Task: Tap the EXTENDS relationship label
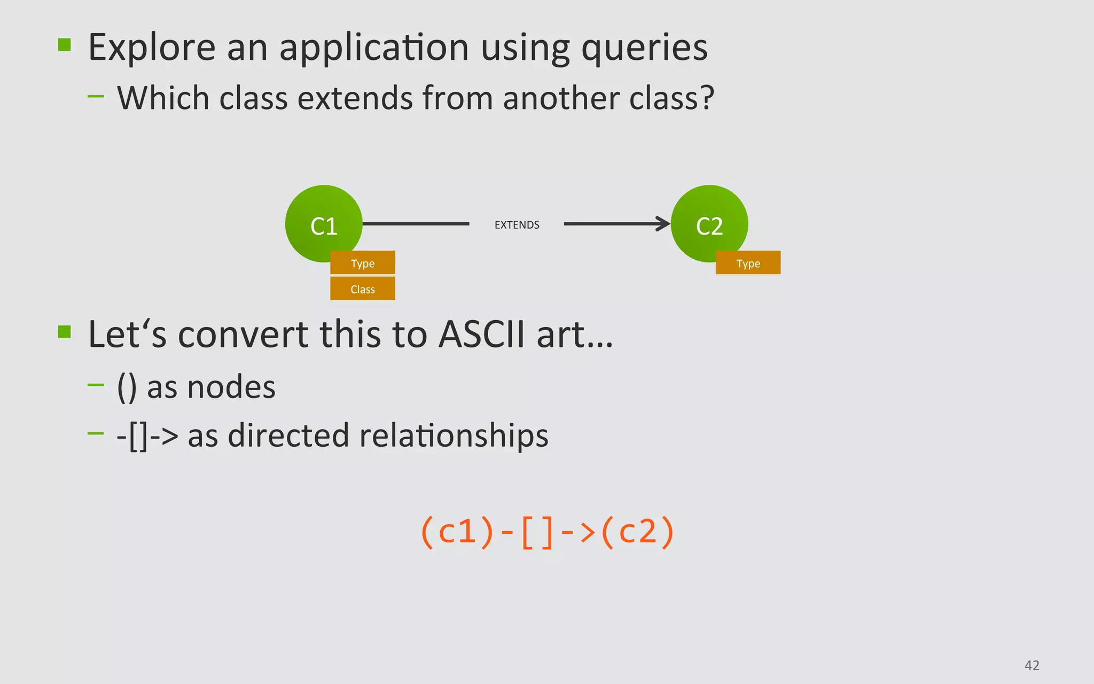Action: tap(517, 225)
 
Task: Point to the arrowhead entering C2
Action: tap(664, 224)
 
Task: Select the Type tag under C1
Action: tap(363, 263)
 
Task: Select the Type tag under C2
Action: tap(748, 263)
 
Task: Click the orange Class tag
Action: tap(363, 289)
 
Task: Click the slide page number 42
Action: tap(1032, 665)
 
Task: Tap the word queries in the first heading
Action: tap(644, 48)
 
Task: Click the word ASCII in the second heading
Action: tap(481, 335)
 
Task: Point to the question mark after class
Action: tap(707, 98)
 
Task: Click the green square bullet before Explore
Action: tap(65, 44)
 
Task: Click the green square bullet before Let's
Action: tap(65, 332)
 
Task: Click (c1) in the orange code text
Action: tap(457, 532)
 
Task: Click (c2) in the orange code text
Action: tap(637, 532)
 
